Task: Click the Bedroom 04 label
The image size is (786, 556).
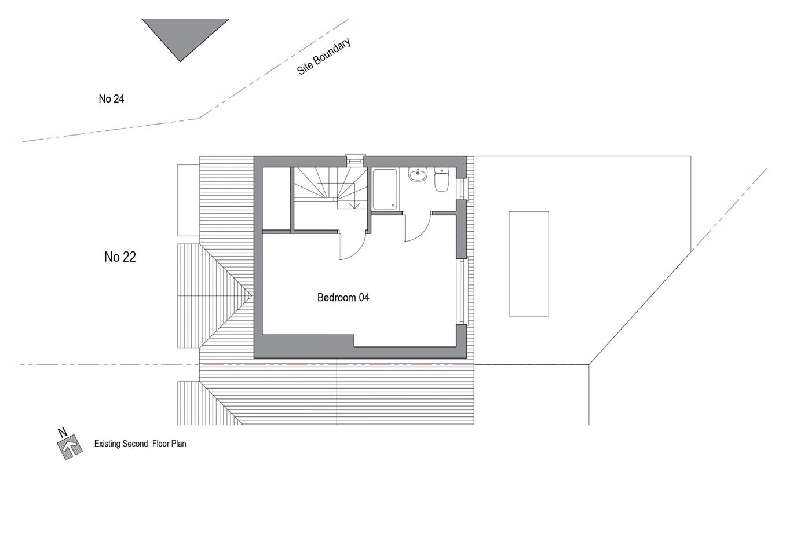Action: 343,298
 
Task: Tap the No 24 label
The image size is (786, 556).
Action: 111,99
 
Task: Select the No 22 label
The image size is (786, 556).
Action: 120,257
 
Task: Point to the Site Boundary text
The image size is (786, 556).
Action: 324,56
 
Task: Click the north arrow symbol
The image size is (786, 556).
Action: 70,447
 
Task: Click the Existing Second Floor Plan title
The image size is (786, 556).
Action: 140,444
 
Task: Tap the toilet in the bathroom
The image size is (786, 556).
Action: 441,180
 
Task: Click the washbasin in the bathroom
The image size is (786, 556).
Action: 418,175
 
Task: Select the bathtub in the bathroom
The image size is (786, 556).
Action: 385,189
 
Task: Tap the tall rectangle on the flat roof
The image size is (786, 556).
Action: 529,264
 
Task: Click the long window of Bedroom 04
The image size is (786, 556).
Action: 462,291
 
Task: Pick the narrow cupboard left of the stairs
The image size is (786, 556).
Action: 276,198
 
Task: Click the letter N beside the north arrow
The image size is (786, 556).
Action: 63,433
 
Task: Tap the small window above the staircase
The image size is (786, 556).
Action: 355,160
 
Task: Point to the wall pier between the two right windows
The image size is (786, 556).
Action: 462,229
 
